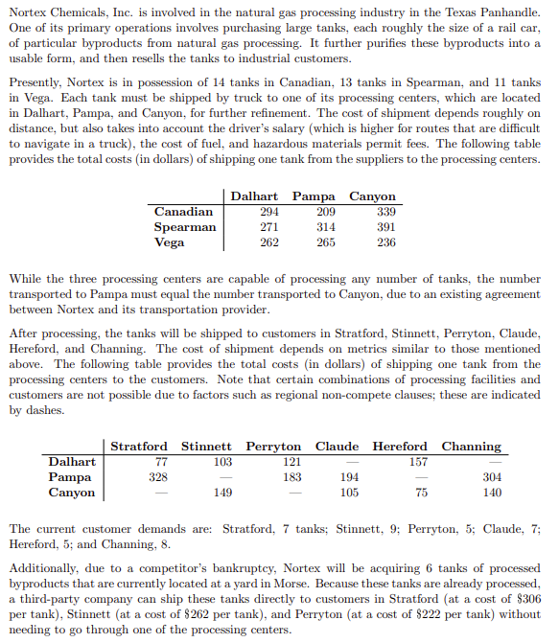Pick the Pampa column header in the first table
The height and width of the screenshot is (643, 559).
click(313, 195)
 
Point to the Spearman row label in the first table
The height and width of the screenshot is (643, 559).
click(184, 227)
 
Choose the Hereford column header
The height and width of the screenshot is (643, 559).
click(400, 446)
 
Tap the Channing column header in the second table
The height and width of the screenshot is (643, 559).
click(471, 446)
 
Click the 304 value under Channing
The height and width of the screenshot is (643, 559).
click(491, 476)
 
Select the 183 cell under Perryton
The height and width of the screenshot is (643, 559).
click(291, 476)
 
